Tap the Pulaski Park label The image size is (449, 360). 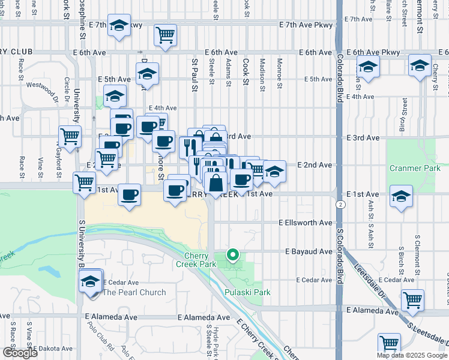[x=247, y=292]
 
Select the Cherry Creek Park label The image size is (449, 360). [x=199, y=260]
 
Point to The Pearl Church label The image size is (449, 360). [x=134, y=292]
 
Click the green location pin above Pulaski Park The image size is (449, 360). [x=232, y=256]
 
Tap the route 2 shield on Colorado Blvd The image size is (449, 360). [x=340, y=205]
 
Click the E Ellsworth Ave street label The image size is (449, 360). [x=305, y=223]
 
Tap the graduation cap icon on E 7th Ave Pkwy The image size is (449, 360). [x=119, y=26]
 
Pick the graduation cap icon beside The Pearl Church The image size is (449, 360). [x=91, y=281]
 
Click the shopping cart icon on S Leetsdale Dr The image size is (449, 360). [x=412, y=299]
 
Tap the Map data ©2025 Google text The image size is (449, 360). [x=411, y=355]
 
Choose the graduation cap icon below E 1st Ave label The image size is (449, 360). [x=401, y=196]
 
